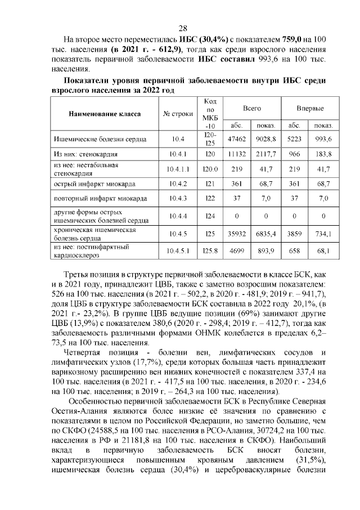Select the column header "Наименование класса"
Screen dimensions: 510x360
pos(105,114)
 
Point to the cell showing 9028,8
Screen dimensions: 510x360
pos(265,138)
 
